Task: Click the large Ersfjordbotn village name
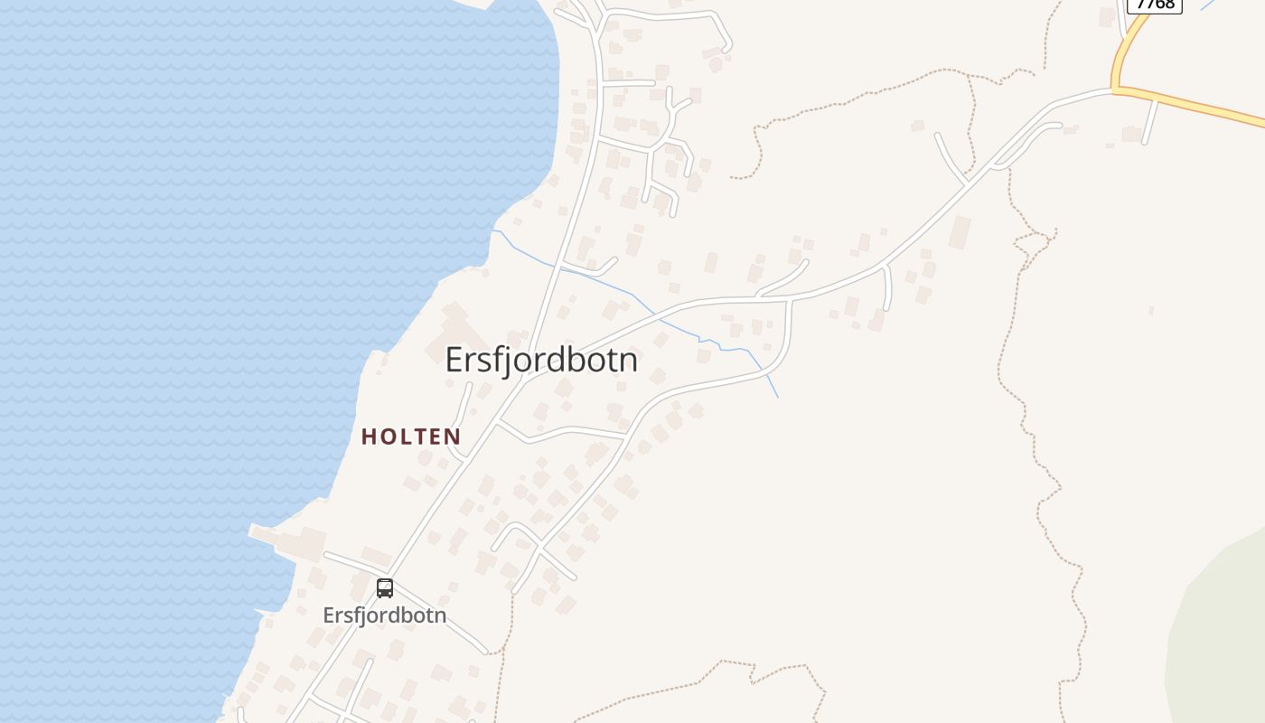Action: pos(541,360)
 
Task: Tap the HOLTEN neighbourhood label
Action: pos(411,437)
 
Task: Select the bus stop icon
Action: pos(385,588)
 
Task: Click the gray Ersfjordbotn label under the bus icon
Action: pos(385,615)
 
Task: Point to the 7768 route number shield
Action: pos(1155,4)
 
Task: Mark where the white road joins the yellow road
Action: pos(1114,90)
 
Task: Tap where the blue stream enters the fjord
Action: pos(492,231)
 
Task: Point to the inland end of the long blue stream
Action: pos(777,397)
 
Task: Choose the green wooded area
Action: pos(1220,633)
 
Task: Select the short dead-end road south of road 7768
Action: pos(1149,122)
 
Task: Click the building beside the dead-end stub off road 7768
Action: pos(1130,134)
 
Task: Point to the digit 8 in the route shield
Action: pos(1171,4)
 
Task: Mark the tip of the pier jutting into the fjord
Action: pos(252,531)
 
